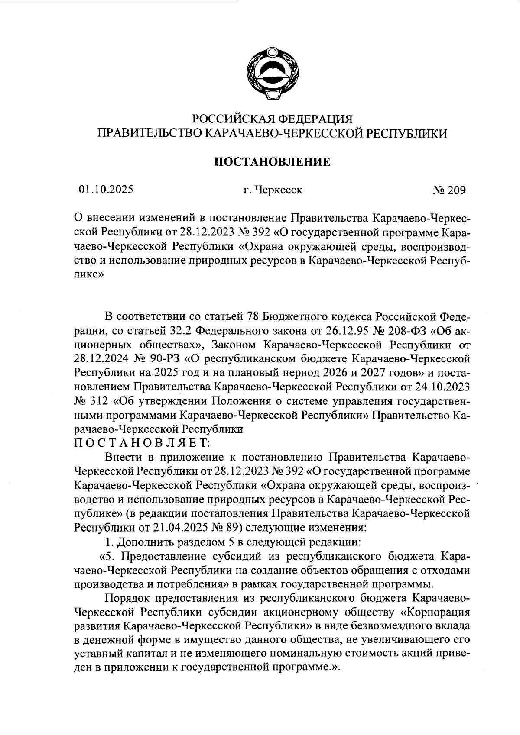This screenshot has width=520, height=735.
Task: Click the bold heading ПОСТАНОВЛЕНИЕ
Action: click(x=273, y=162)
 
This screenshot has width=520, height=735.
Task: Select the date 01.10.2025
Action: click(x=106, y=190)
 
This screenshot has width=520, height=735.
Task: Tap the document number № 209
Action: click(x=449, y=190)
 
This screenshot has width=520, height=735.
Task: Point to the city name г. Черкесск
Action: click(x=273, y=190)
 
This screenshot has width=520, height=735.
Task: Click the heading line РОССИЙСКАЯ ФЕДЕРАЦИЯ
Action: click(x=273, y=119)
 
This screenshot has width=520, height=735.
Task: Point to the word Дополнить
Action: click(x=143, y=542)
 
